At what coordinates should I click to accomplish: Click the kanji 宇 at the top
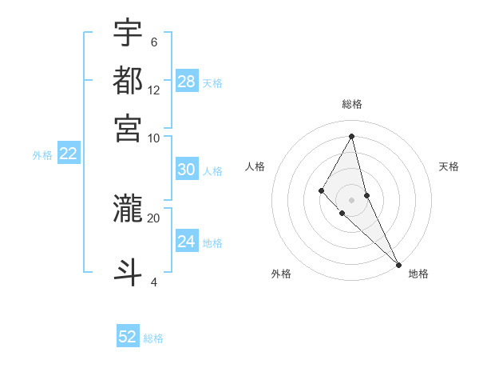pyautogui.click(x=128, y=34)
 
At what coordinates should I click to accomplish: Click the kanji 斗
pyautogui.click(x=128, y=271)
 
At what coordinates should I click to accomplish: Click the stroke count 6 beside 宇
pyautogui.click(x=154, y=42)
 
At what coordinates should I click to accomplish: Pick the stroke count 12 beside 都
pyautogui.click(x=154, y=90)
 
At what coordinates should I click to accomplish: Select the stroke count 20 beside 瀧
pyautogui.click(x=153, y=217)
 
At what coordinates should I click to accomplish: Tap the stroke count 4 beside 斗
pyautogui.click(x=154, y=282)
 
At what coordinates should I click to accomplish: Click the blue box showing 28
pyautogui.click(x=187, y=82)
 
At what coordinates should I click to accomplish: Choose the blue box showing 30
pyautogui.click(x=187, y=170)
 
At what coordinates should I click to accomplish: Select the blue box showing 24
pyautogui.click(x=187, y=242)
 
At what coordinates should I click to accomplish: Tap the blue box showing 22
pyautogui.click(x=68, y=154)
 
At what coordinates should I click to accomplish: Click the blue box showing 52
pyautogui.click(x=128, y=337)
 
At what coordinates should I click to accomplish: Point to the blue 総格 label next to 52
pyautogui.click(x=153, y=338)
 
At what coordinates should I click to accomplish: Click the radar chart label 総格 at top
pyautogui.click(x=352, y=105)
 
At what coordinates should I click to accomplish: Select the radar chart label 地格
pyautogui.click(x=419, y=274)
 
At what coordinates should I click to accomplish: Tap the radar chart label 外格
pyautogui.click(x=281, y=274)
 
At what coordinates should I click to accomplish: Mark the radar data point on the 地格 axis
pyautogui.click(x=398, y=263)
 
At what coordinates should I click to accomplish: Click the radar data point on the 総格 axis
pyautogui.click(x=352, y=136)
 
